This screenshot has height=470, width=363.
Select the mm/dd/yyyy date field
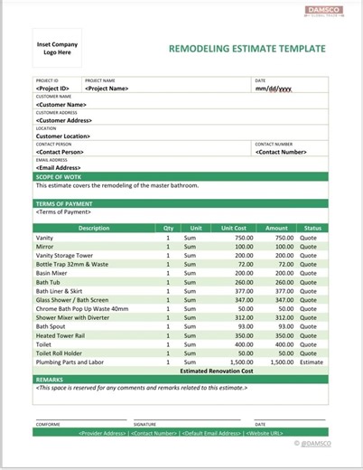click(x=275, y=89)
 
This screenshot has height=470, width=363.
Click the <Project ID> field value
click(x=53, y=89)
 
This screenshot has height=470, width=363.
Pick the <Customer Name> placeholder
click(x=63, y=104)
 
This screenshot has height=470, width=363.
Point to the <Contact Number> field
click(x=282, y=152)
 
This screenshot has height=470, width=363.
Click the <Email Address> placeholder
click(x=62, y=167)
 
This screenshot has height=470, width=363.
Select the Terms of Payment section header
click(x=64, y=203)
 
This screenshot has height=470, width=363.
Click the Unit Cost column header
click(x=233, y=228)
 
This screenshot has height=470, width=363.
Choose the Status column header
click(x=312, y=228)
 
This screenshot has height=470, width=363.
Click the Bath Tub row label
click(x=49, y=281)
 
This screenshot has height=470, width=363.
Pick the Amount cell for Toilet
click(x=277, y=343)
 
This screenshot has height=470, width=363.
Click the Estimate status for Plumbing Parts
click(x=312, y=362)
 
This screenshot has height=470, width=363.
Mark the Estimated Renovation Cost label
click(x=217, y=371)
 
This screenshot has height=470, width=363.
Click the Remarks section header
click(x=50, y=380)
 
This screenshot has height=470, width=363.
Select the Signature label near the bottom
click(x=144, y=423)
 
